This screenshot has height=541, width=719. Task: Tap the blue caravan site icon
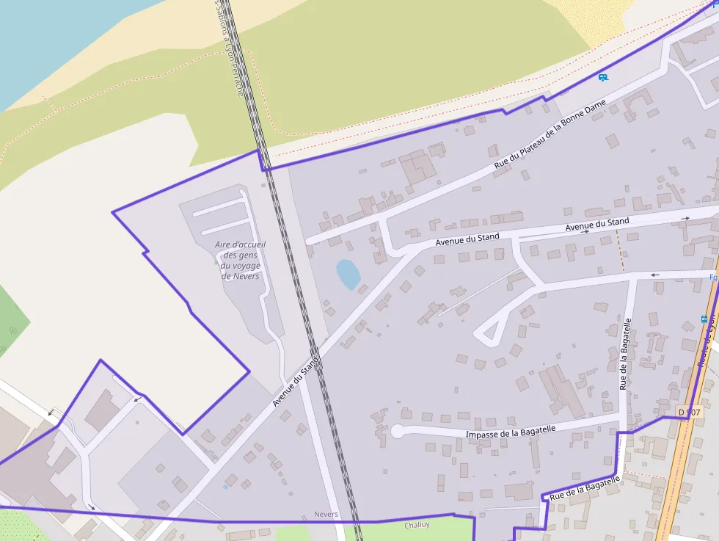(603, 77)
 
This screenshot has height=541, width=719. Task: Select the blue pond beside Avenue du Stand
(348, 275)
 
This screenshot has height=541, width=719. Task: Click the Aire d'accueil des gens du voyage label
(241, 260)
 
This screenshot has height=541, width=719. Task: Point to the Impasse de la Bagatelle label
(511, 433)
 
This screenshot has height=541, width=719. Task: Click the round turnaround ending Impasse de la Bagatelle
(397, 432)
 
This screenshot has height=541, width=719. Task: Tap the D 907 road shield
(690, 413)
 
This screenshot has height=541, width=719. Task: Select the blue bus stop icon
(704, 319)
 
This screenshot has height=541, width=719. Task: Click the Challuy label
(417, 525)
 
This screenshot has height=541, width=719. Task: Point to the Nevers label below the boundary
(326, 515)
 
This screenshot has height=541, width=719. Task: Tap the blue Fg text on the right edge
(712, 277)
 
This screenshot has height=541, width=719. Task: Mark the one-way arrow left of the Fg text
(655, 275)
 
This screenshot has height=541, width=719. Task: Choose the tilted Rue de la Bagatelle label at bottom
(585, 488)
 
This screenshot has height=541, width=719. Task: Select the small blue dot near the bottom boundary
(225, 487)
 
